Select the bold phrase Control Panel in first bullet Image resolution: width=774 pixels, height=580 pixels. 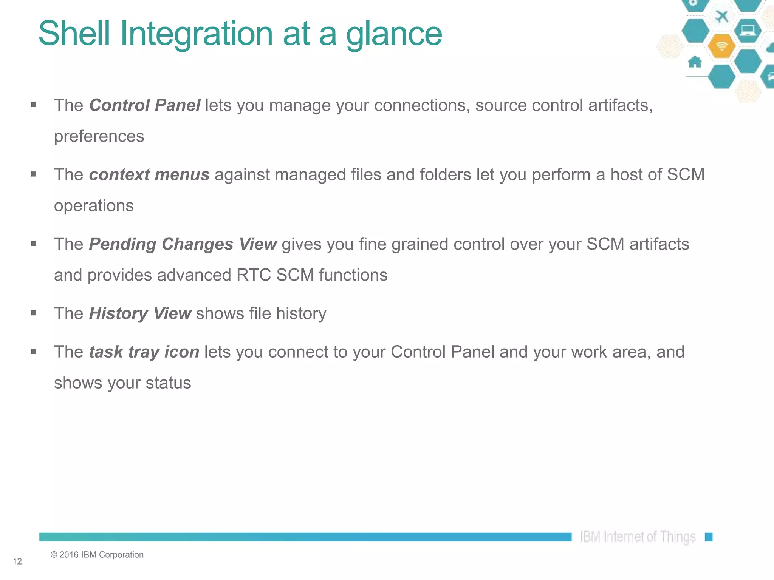click(145, 105)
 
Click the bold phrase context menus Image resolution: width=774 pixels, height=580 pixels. click(149, 175)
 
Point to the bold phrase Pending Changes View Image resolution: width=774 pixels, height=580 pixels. click(183, 244)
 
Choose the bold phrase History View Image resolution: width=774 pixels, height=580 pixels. click(140, 314)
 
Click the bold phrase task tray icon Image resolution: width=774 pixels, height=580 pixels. click(144, 352)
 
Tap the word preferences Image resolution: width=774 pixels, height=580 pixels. click(99, 136)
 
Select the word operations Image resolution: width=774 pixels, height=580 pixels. click(94, 206)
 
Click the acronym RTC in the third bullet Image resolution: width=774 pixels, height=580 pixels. click(254, 275)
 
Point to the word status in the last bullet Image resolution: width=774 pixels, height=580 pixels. click(168, 383)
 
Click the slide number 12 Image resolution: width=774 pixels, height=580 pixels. click(17, 561)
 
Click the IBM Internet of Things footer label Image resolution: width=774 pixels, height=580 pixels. click(638, 537)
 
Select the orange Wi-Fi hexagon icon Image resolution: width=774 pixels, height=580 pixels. click(721, 46)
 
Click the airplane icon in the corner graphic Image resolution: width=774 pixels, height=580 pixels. click(722, 17)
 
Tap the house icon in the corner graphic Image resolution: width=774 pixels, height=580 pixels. click(695, 62)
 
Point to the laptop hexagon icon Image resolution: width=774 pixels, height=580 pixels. click(748, 30)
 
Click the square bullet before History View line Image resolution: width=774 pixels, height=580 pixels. click(34, 313)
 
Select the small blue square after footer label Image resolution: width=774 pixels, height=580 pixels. click(709, 537)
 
